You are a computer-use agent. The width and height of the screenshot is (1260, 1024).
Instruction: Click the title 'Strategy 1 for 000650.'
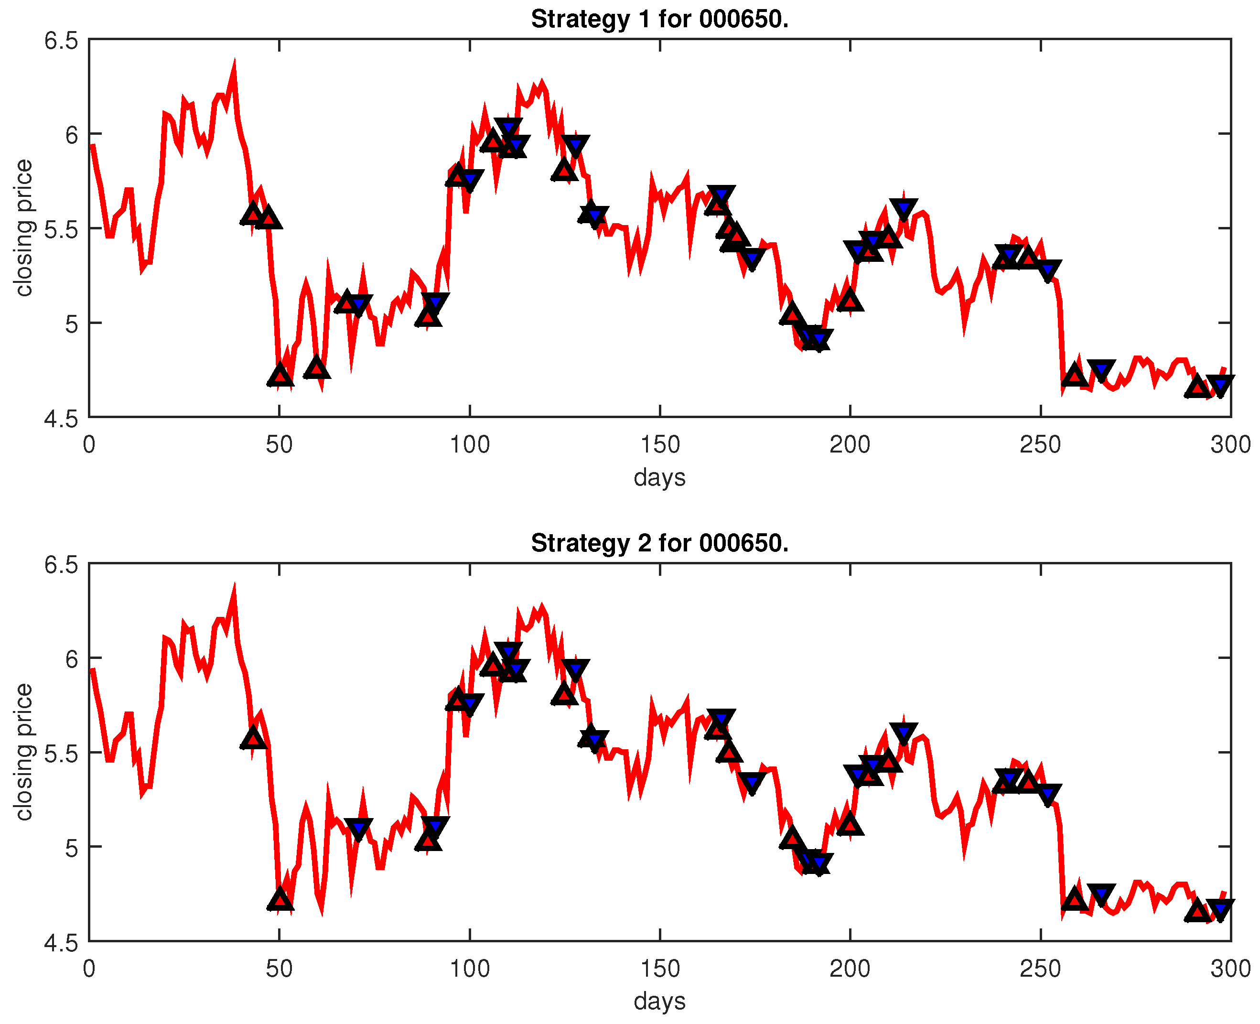point(659,20)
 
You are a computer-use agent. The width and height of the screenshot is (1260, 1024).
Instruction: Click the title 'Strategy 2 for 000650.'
point(659,543)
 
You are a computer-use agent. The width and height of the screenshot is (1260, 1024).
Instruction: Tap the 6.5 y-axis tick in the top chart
point(61,41)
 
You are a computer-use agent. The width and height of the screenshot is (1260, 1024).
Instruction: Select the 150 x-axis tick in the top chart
point(659,445)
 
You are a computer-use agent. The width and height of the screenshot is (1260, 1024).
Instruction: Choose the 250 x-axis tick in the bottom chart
point(1040,969)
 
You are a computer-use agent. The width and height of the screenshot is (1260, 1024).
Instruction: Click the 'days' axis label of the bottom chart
point(659,1001)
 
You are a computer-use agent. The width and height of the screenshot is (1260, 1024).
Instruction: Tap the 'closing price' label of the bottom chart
point(23,752)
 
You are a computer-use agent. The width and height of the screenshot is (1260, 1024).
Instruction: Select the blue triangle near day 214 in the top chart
point(903,209)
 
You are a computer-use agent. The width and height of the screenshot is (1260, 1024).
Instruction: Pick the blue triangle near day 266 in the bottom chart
point(1101,894)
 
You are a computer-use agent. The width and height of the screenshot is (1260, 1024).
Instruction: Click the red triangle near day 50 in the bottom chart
point(280,900)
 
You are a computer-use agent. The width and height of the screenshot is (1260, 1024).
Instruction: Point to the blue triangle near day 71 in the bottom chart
point(358,829)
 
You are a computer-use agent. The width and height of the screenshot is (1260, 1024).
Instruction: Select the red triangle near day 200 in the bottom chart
point(850,825)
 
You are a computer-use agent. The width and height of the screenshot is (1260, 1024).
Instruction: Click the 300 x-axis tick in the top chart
point(1230,445)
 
